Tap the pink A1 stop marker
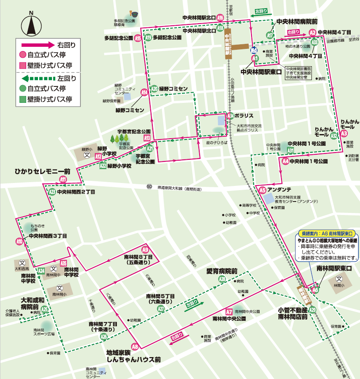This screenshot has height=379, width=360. [x=254, y=58]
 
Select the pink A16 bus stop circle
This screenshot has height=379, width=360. [x=220, y=18]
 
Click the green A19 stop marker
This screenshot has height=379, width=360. [x=148, y=38]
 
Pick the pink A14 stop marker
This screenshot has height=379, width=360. [x=144, y=93]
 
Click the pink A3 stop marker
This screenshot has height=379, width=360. [x=344, y=134]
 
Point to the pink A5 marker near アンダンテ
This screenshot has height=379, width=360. [x=263, y=190]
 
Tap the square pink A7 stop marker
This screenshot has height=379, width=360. [x=229, y=312]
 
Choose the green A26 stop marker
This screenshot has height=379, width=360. [x=104, y=336]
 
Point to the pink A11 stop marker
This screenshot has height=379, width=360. [x=63, y=180]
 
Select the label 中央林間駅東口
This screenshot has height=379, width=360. [x=261, y=72]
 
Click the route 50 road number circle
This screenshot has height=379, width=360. [x=149, y=186]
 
